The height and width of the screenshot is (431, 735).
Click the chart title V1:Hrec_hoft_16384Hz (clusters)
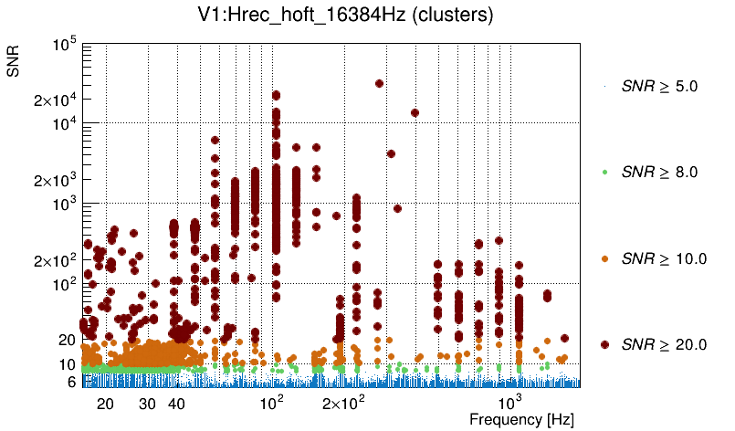click(x=367, y=16)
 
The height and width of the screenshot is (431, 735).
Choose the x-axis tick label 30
click(x=147, y=404)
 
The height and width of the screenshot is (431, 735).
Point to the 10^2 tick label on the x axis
click(x=272, y=402)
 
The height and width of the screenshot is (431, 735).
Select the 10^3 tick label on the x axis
click(x=509, y=402)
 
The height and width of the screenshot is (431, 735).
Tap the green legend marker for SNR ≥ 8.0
click(x=604, y=172)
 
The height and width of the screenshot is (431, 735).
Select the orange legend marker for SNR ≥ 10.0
click(x=604, y=258)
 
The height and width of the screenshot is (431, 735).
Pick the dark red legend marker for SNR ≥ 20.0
click(x=604, y=344)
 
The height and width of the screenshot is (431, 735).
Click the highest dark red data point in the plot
click(x=379, y=83)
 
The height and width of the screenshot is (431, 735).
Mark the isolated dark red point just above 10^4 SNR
click(x=415, y=113)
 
